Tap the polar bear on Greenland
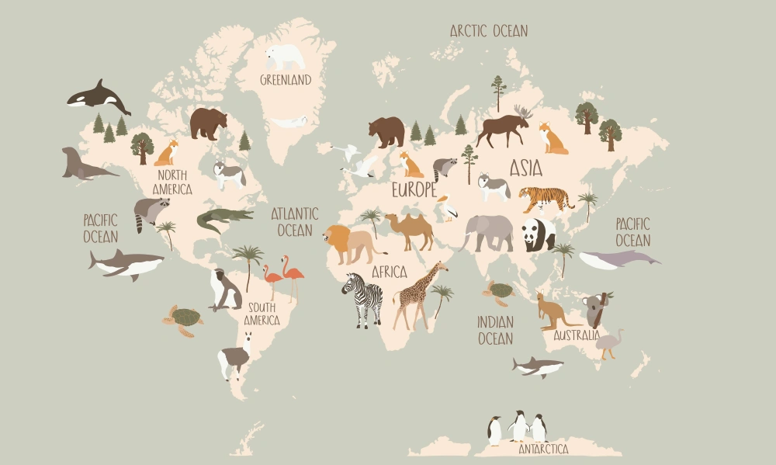click(285, 57)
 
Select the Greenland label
click(286, 80)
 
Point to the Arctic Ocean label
click(489, 31)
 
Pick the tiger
click(546, 199)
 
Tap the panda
click(538, 233)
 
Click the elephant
click(488, 232)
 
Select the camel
click(410, 230)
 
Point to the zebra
click(362, 298)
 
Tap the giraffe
click(419, 296)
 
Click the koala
click(596, 310)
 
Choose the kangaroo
click(554, 311)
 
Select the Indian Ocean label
click(495, 329)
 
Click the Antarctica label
click(543, 449)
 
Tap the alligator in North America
click(224, 220)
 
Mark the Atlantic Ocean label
click(295, 221)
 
